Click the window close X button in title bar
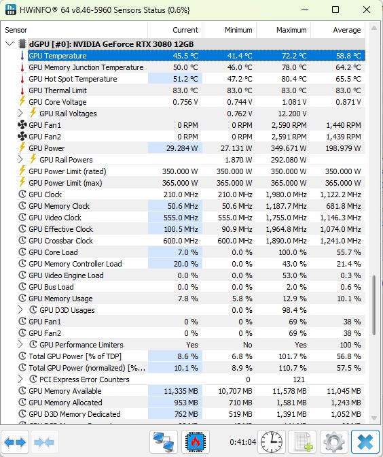click(367, 10)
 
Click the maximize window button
click(335, 10)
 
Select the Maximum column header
click(291, 30)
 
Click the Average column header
click(346, 30)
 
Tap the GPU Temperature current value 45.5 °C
click(185, 56)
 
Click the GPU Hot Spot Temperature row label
click(73, 79)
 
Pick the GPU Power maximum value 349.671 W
click(289, 148)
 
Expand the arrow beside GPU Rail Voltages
click(20, 113)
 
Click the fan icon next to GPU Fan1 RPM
click(22, 125)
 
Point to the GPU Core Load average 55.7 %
click(348, 252)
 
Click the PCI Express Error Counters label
click(84, 379)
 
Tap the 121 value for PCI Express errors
click(299, 379)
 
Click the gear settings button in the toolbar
click(334, 442)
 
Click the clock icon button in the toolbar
click(272, 442)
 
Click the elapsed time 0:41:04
click(242, 442)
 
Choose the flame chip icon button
click(196, 442)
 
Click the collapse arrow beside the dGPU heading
click(10, 44)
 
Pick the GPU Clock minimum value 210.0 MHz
click(235, 194)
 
